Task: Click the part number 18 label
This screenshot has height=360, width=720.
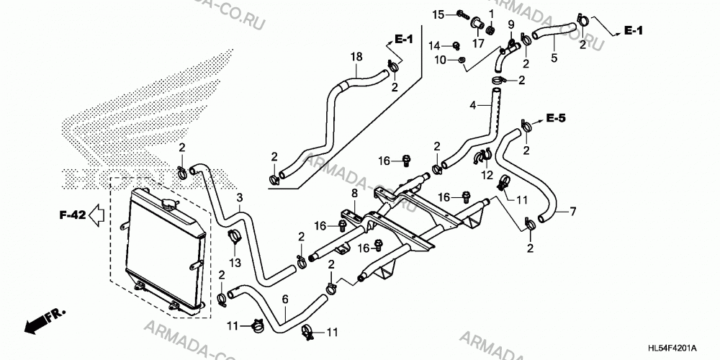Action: tap(356, 57)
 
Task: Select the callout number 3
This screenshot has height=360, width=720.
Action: tap(239, 198)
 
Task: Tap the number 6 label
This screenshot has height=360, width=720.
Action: tap(285, 299)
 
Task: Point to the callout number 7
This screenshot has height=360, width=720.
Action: tap(572, 212)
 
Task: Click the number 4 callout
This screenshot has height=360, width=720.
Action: tap(473, 105)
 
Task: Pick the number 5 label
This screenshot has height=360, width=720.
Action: tap(554, 58)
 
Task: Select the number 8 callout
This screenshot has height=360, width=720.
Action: tap(354, 193)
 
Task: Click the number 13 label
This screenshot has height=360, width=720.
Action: tap(235, 262)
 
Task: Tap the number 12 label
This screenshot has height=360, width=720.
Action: tap(487, 175)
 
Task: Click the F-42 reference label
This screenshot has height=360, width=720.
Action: tap(73, 214)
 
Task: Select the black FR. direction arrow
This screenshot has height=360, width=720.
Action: tap(45, 320)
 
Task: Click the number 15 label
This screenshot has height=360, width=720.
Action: tap(438, 14)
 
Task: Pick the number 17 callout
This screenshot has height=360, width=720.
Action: tap(479, 44)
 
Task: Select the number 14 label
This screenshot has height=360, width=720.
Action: tap(434, 45)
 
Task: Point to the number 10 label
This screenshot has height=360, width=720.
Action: tap(440, 60)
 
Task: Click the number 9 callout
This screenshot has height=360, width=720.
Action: tap(511, 24)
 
